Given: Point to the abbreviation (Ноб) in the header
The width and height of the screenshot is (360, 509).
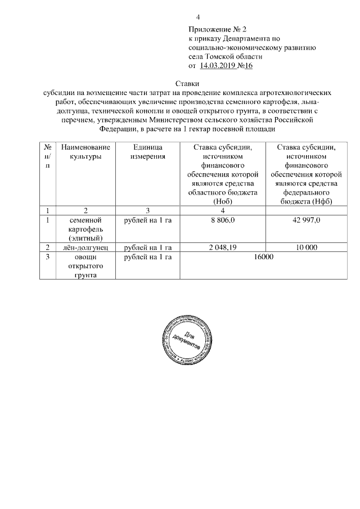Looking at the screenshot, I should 223,201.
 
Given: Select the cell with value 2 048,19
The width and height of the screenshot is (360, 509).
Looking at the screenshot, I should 223,247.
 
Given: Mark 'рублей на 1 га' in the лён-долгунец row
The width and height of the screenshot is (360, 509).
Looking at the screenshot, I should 147,247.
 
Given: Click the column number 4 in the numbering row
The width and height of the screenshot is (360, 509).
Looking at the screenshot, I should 223,210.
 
